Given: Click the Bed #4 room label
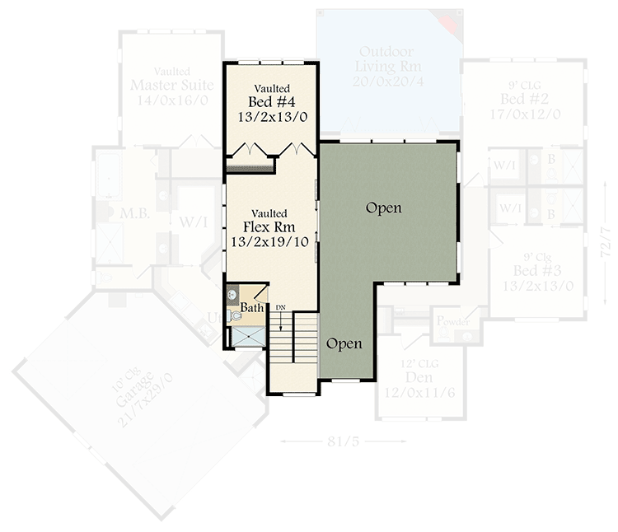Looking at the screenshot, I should point(271,102).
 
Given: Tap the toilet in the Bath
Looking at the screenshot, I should point(234,314).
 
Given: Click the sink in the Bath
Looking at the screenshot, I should point(232,293).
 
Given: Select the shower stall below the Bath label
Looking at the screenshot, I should point(245,335).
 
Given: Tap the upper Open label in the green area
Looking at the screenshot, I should point(384,208).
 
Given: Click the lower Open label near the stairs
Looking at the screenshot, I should point(344,343).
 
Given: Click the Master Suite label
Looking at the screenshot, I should point(172,85).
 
